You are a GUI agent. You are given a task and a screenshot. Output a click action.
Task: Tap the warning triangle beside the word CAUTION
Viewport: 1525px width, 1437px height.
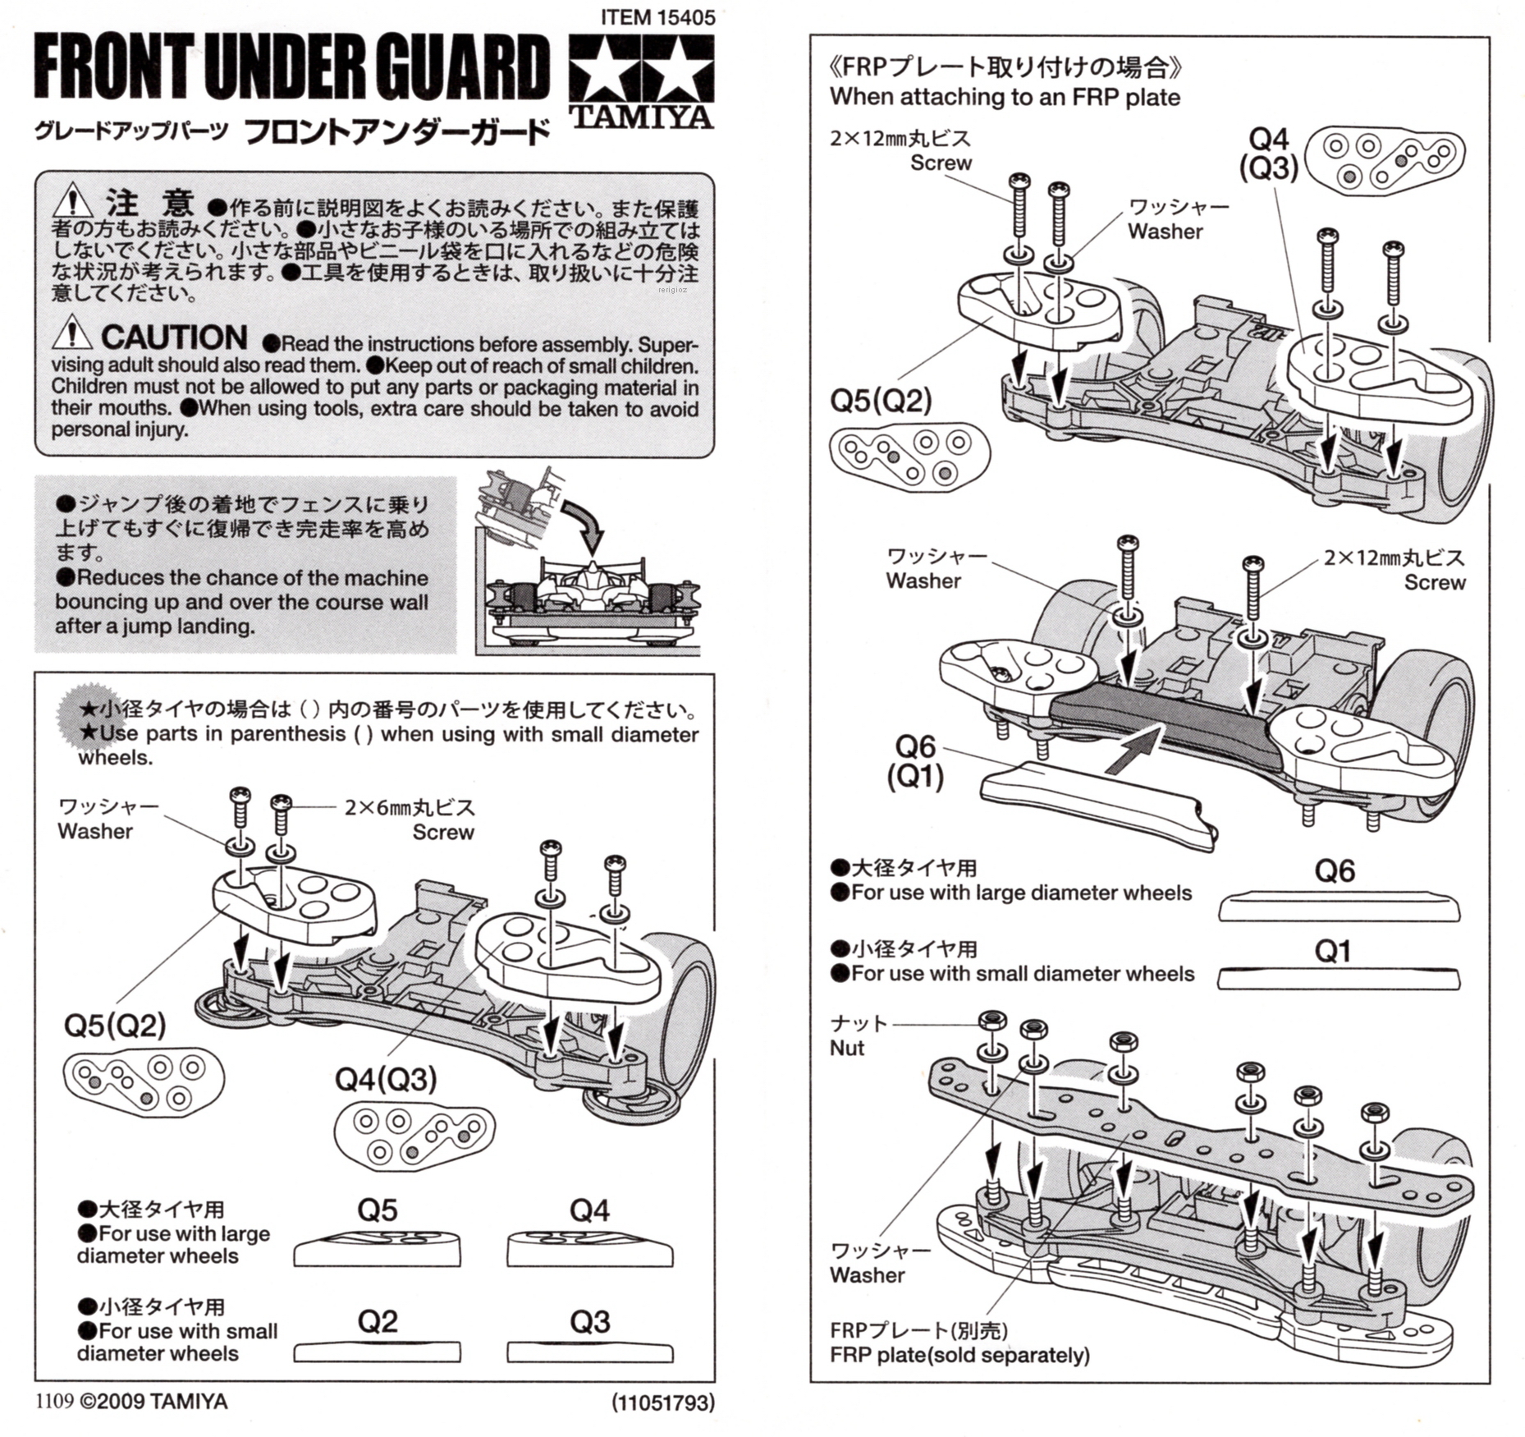(72, 333)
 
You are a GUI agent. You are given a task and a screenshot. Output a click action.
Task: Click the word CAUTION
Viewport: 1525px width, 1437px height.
(174, 337)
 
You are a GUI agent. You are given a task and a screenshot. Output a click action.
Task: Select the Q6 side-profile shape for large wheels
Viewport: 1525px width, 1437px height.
(1340, 907)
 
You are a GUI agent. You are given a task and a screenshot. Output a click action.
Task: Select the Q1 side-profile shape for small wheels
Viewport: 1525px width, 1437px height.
(1340, 979)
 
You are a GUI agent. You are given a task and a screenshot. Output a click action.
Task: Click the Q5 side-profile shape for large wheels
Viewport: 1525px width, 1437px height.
(377, 1249)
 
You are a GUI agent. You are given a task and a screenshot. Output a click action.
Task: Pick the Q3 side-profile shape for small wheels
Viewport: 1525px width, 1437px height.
(589, 1352)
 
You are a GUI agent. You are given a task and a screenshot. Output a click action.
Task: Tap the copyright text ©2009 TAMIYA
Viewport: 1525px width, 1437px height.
(153, 1402)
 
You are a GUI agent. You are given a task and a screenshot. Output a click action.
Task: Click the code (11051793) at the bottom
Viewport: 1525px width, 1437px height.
(662, 1403)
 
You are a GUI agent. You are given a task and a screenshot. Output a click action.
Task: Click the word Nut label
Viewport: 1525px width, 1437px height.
(847, 1048)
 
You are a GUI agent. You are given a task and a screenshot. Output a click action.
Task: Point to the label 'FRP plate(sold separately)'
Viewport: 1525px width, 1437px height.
(959, 1355)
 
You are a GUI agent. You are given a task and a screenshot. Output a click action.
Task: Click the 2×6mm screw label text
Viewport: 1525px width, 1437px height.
(410, 808)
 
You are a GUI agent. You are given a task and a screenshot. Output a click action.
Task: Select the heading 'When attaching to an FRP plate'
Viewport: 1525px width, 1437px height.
(1005, 97)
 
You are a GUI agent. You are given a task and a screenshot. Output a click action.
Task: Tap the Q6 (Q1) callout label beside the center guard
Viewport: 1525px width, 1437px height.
(915, 761)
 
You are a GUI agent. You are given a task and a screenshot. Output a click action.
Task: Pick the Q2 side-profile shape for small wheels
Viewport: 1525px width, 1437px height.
(377, 1352)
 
